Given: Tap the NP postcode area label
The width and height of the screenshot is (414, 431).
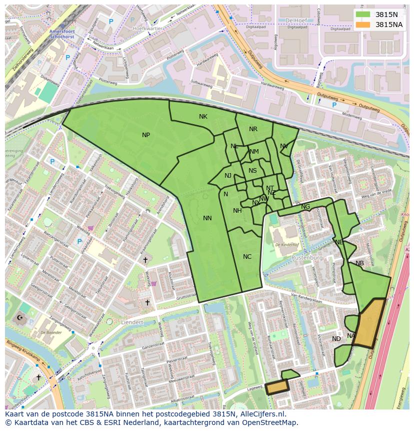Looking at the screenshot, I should coord(145,135).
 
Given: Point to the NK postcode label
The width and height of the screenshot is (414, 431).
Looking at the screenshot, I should coord(203,117).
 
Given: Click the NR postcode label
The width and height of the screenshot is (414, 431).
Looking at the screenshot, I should coord(253,129).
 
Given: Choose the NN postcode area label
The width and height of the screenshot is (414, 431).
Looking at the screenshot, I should coord(207,218).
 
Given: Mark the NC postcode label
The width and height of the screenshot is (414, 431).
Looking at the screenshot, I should coord(247,257).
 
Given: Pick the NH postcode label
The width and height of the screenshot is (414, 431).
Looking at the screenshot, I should coord(237,211).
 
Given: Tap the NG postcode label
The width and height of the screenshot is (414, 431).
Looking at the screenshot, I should coord(305,207).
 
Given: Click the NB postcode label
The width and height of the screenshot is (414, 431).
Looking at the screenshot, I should coord(359,263).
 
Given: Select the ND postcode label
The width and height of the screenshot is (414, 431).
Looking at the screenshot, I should coord(336,339).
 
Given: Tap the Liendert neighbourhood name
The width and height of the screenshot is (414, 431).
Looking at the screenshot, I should coord(132,322).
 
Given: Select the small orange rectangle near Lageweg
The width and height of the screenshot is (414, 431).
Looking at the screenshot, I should coord(277,386).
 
